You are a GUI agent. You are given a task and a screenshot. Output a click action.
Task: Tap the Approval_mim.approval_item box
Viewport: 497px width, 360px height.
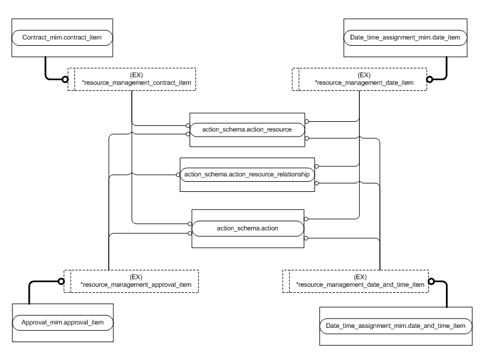pos(64,322)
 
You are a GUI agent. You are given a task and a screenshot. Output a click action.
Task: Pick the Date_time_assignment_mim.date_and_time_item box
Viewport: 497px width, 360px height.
pos(395,326)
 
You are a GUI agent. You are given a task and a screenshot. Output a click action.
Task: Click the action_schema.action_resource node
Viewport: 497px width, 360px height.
pos(246,129)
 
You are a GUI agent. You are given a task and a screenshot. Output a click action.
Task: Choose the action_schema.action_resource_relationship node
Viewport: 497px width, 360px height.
pos(246,175)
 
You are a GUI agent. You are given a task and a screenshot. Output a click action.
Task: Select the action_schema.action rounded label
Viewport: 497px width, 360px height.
pos(248,226)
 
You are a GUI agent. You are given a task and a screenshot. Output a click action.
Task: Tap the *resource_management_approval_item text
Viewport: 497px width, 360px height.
pos(135,285)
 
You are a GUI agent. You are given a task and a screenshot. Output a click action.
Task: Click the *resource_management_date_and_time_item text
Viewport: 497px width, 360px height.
pos(360,285)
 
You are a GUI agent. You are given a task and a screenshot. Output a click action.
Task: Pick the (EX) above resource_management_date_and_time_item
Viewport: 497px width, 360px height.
pos(360,277)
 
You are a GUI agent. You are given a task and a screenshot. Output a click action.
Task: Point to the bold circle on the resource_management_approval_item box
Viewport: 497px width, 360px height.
pos(61,280)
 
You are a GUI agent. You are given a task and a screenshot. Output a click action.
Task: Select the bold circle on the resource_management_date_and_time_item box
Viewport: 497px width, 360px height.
pos(432,280)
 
